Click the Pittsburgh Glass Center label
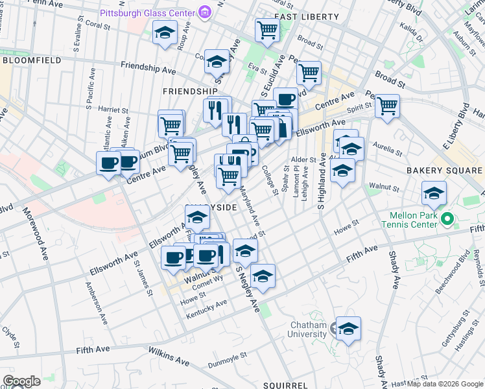click(147, 13)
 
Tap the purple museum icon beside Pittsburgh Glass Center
click(205, 12)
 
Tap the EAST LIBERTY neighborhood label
click(306, 16)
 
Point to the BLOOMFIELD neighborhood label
click(32, 60)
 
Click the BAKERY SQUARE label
click(444, 171)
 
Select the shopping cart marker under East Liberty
click(268, 29)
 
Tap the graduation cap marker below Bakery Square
click(434, 193)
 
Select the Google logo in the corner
click(21, 381)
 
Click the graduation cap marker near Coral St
click(165, 32)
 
